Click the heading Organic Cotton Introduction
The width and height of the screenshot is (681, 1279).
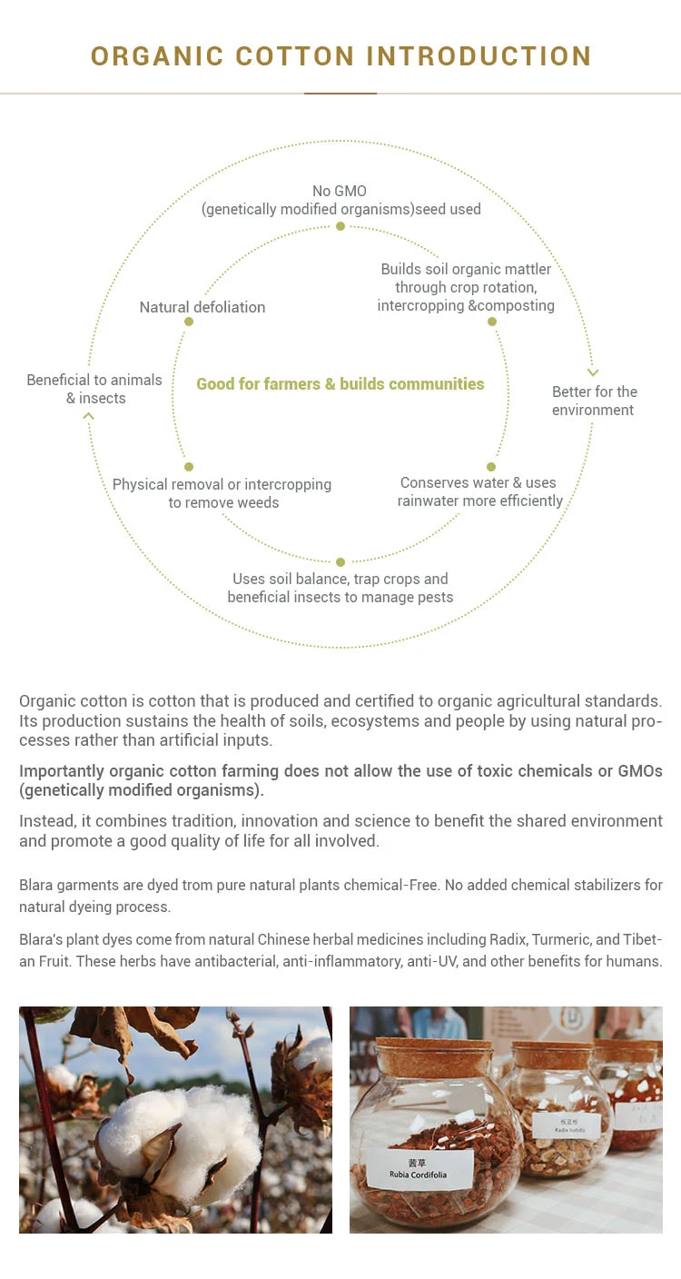pos(340,55)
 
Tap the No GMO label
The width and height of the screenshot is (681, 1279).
pos(340,200)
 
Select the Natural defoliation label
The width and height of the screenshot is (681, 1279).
pos(202,307)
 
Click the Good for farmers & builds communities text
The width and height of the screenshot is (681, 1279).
pos(340,383)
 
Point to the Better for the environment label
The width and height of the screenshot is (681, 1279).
pos(595,401)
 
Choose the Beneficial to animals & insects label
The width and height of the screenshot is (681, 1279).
pos(94,389)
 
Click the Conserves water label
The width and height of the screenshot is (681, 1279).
pos(479,491)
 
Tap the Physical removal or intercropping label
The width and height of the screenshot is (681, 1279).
pos(222,493)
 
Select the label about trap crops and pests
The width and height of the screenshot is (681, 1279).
pos(340,588)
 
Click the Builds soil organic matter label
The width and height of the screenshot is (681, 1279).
pos(466,287)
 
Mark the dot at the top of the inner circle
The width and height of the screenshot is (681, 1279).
pos(340,226)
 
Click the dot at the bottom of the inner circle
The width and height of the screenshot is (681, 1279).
pos(340,562)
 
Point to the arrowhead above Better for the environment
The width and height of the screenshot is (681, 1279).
pos(593,372)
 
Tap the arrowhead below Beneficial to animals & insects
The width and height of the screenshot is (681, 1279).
pos(88,416)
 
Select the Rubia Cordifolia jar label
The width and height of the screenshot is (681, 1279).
pos(419,1170)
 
